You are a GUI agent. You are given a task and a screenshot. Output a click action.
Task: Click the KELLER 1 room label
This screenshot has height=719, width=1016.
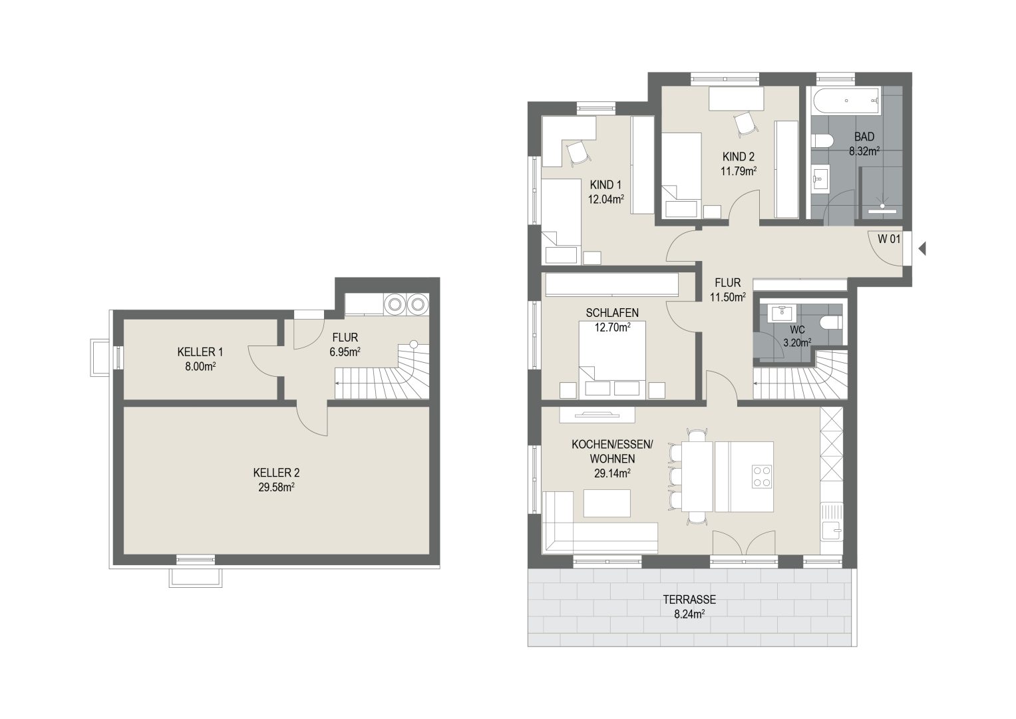pos(200,352)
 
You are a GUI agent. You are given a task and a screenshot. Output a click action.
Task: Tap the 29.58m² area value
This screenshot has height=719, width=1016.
pos(277,487)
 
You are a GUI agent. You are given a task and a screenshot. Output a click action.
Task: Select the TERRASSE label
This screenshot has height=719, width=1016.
pos(689,600)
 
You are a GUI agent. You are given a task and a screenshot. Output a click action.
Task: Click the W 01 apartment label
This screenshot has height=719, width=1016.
pos(889,239)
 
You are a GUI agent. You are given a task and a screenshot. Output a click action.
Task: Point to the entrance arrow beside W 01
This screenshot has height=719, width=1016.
pos(922,249)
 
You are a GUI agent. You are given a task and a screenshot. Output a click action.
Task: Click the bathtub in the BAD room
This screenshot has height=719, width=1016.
pos(846,101)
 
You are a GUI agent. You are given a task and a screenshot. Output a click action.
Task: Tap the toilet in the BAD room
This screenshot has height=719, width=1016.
pos(821,140)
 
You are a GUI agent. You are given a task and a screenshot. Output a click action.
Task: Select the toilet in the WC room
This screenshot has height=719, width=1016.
pos(832,323)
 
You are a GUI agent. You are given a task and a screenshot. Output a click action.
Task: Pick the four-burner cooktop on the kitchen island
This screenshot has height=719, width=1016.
pos(762,477)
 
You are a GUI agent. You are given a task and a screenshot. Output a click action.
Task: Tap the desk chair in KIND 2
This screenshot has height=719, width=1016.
pos(745,124)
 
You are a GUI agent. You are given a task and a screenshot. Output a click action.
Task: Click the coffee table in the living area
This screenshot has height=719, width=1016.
pos(607,503)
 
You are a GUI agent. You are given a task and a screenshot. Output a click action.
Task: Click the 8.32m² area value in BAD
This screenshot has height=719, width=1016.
pos(864,151)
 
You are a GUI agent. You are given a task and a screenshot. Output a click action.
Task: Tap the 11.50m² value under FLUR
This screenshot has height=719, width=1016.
pos(728,298)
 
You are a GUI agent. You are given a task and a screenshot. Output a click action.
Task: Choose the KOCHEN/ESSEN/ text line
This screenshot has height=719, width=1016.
pos(612,445)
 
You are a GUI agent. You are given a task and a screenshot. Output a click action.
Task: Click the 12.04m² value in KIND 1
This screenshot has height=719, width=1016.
pos(606,199)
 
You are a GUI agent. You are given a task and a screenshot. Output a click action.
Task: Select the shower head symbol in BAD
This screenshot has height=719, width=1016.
pos(882,204)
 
